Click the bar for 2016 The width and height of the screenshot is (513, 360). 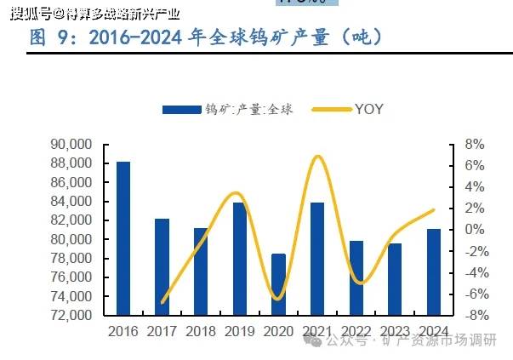(123, 238)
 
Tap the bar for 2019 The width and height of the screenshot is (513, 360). (240, 259)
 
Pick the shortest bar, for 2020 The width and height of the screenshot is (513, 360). (278, 284)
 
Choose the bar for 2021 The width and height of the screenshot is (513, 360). (316, 259)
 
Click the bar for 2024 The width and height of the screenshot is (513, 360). (433, 271)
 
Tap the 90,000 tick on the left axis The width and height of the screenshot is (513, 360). (77, 146)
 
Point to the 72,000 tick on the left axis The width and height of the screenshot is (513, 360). (77, 315)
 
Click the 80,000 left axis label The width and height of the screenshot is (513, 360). (77, 239)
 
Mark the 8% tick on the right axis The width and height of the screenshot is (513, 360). (475, 145)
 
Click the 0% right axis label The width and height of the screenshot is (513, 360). (475, 230)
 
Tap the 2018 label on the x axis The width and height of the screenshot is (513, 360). (201, 330)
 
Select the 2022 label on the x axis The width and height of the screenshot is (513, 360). (356, 330)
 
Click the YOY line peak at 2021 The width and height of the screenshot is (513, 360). (317, 157)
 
